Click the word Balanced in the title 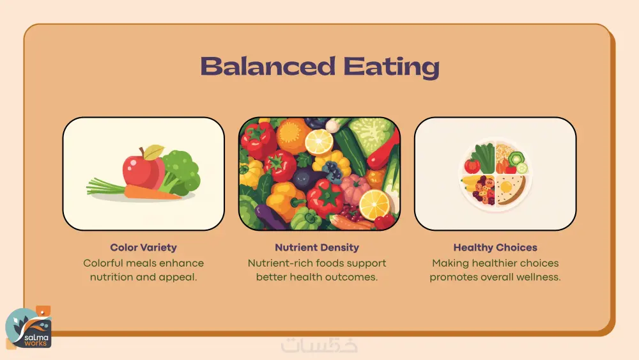pyautogui.click(x=268, y=67)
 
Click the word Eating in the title pyautogui.click(x=392, y=68)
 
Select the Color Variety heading pyautogui.click(x=143, y=247)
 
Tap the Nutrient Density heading pyautogui.click(x=317, y=247)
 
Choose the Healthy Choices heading pyautogui.click(x=495, y=247)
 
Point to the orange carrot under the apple pyautogui.click(x=151, y=192)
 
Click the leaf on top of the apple pyautogui.click(x=153, y=152)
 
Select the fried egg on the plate pyautogui.click(x=506, y=187)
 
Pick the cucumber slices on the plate pyautogui.click(x=518, y=162)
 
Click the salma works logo pyautogui.click(x=29, y=328)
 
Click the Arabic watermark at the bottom pyautogui.click(x=319, y=345)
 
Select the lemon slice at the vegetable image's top pyautogui.click(x=319, y=141)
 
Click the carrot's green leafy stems pyautogui.click(x=106, y=187)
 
